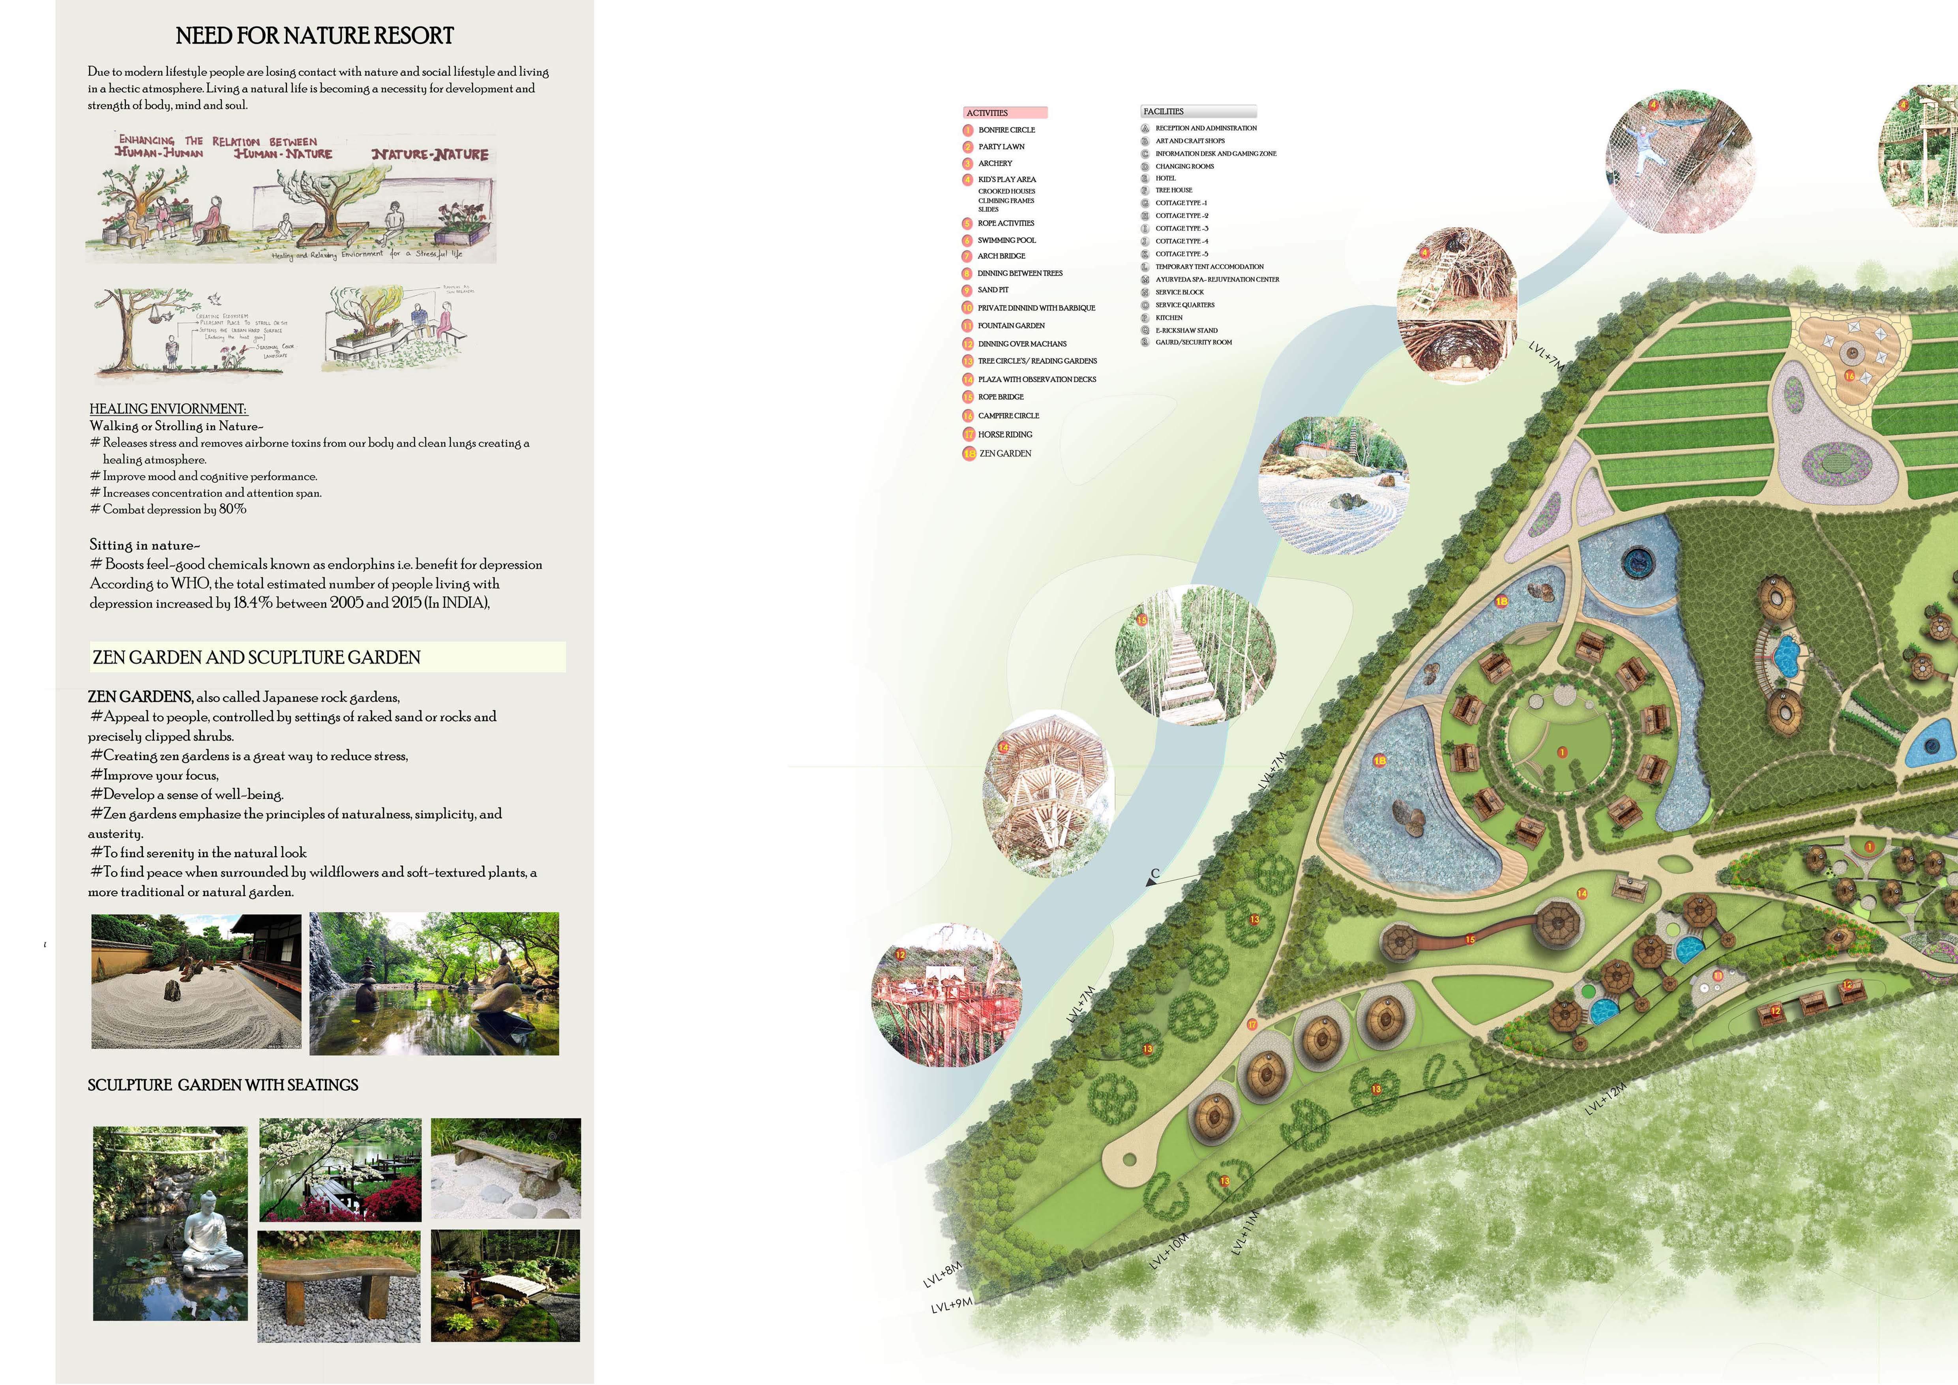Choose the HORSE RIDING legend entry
(1004, 434)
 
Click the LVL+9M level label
(951, 1306)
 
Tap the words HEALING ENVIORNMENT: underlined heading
(168, 409)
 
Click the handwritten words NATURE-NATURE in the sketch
(430, 154)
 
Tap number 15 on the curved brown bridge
(1469, 940)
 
